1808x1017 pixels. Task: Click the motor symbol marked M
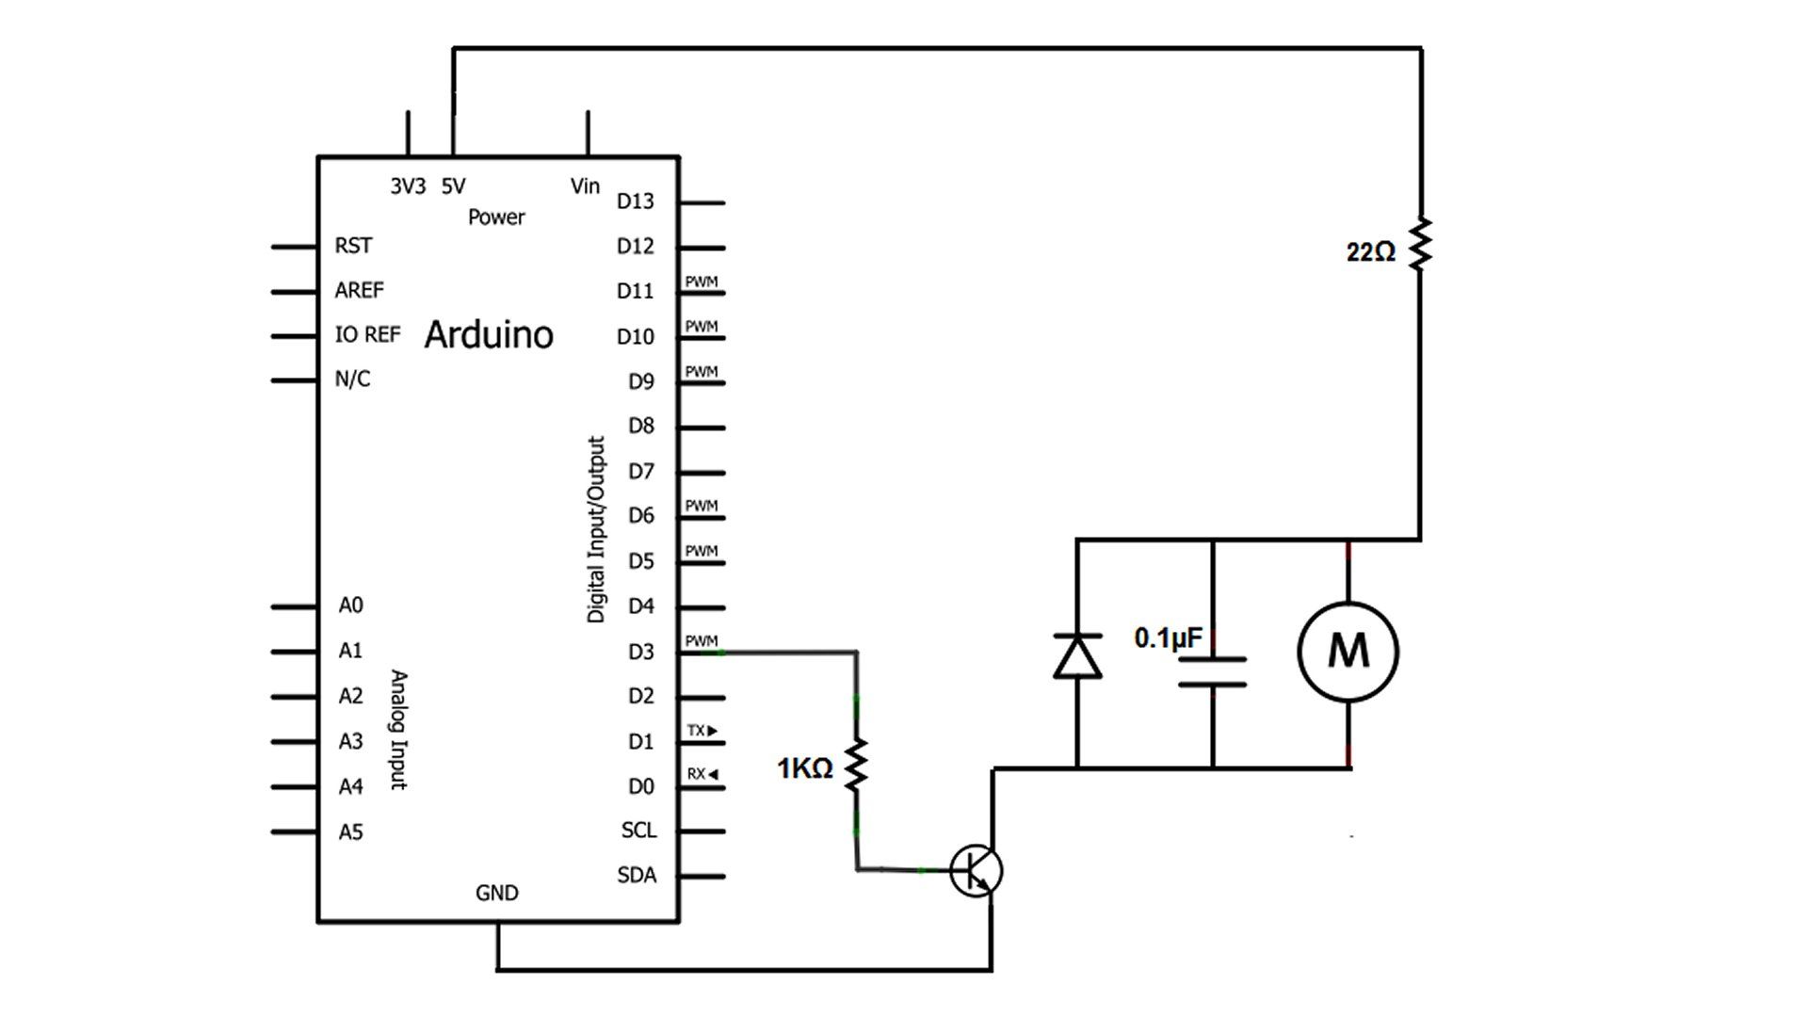point(1348,652)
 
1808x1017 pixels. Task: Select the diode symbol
point(1077,656)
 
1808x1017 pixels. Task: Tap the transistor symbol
point(976,871)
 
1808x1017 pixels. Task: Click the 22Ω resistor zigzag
point(1420,246)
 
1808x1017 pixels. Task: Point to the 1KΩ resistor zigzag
point(856,766)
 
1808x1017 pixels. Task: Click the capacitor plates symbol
point(1213,671)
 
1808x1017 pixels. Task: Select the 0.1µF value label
point(1168,638)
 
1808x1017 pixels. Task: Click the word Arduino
point(489,335)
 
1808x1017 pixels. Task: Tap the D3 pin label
point(641,652)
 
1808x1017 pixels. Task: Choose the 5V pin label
point(453,186)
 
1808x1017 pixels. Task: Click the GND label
point(496,893)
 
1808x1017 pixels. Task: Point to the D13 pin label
point(635,202)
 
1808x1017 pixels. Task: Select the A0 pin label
point(350,605)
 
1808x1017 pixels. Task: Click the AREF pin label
point(359,290)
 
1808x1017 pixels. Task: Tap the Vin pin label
point(585,186)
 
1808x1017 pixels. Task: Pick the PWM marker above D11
point(702,282)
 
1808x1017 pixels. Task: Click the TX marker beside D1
point(702,731)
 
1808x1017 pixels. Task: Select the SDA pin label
point(637,876)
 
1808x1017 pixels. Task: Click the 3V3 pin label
point(408,186)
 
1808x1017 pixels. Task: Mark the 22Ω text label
point(1370,252)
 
